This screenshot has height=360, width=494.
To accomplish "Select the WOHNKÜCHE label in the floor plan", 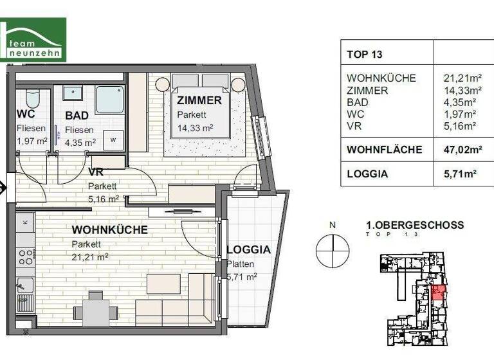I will tap(109, 230).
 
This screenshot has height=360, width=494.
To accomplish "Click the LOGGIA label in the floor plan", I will tap(248, 250).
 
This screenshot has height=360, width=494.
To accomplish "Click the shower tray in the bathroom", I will tap(111, 100).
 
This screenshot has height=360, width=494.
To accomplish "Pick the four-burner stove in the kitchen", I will tap(25, 258).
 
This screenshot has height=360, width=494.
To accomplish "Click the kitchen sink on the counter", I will tap(25, 286).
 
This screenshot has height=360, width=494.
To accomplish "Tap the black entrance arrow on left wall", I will tap(3, 188).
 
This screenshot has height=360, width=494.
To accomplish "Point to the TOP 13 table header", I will tap(364, 55).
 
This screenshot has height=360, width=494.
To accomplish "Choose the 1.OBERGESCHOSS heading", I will tap(414, 225).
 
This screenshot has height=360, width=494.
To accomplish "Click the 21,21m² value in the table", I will tap(459, 78).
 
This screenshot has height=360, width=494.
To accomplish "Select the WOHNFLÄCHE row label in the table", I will tap(384, 150).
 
